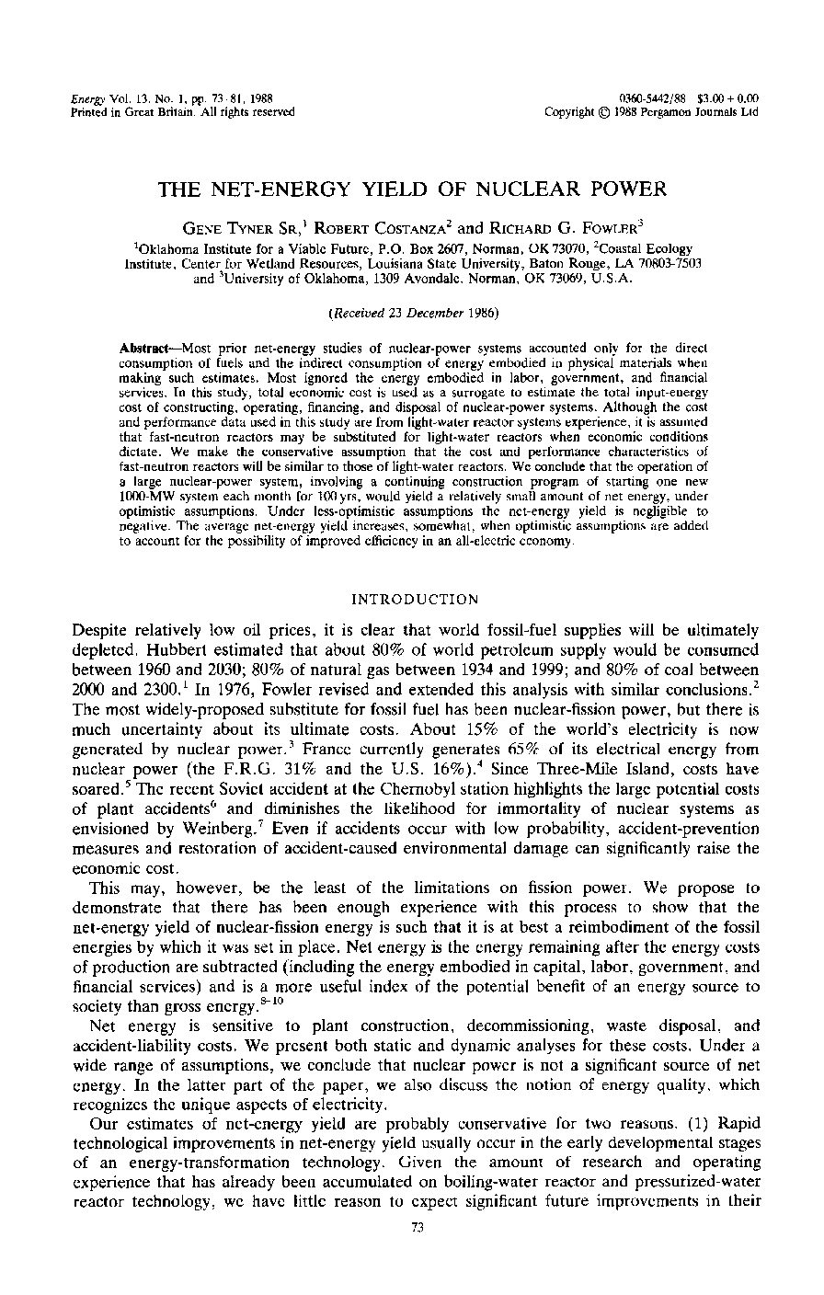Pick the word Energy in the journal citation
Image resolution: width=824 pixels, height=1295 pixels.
tap(87, 98)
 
